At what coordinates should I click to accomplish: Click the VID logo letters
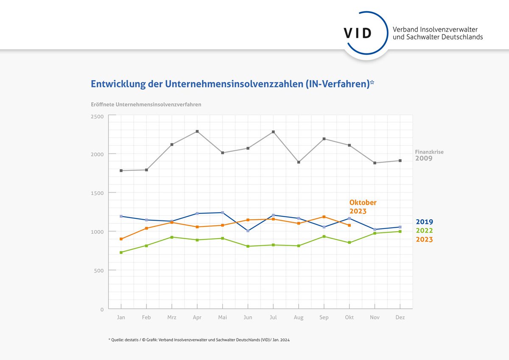pos(358,33)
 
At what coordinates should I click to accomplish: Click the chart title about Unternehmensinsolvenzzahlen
pos(232,84)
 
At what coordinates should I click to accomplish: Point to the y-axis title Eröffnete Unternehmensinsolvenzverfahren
pos(146,104)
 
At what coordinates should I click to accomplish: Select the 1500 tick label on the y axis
pos(98,193)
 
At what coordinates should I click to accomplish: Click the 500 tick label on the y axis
pos(99,271)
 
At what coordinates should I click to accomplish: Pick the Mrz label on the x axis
pos(172,318)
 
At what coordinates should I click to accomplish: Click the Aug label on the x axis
pos(299,318)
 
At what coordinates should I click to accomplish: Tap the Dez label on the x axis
pos(400,318)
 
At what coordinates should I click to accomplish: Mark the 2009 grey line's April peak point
pos(197,131)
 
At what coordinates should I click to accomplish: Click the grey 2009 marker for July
pos(273,132)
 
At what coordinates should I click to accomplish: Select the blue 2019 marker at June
pos(248,231)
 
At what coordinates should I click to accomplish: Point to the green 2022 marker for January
pos(121,252)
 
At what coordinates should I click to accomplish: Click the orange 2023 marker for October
pos(349,225)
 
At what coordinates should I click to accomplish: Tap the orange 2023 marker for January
pos(121,239)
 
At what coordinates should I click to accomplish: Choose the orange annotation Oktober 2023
pos(363,207)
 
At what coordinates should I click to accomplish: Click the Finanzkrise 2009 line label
pos(429,155)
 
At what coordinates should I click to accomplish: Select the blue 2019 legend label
pos(424,222)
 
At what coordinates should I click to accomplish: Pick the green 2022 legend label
pos(424,231)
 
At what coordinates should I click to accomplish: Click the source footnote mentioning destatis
pos(199,340)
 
